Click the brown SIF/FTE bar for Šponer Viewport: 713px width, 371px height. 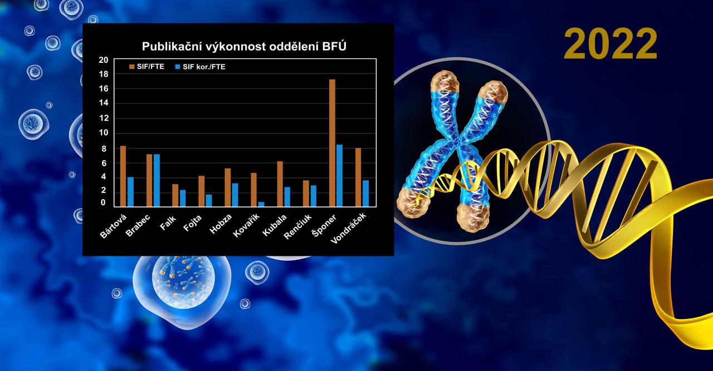[x=332, y=143]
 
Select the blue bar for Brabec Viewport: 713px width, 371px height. [x=157, y=180]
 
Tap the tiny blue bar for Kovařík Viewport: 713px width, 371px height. [x=261, y=204]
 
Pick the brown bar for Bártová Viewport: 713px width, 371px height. [x=123, y=176]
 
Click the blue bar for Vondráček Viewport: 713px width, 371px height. [x=366, y=194]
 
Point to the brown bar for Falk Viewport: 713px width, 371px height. [x=175, y=195]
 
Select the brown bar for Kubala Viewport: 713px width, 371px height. [x=280, y=184]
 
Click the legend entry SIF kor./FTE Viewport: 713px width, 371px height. [x=200, y=67]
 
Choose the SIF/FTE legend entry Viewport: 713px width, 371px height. [x=146, y=66]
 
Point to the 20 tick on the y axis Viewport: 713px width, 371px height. [x=104, y=60]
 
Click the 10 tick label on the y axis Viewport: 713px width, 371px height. [x=104, y=132]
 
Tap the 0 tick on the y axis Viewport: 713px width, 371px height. [x=103, y=202]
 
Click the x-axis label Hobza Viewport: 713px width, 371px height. [x=221, y=224]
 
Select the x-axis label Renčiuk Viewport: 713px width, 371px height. [x=297, y=226]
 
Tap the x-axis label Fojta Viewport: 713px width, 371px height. [x=192, y=222]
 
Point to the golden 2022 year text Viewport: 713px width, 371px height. [x=611, y=44]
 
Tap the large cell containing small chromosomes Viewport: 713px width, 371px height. [x=182, y=288]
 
